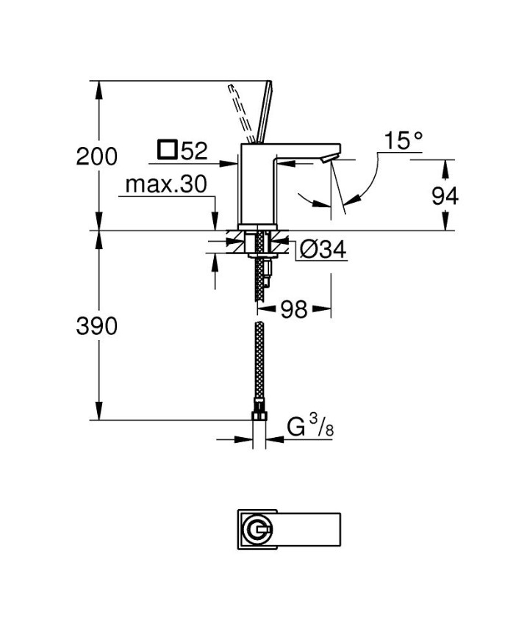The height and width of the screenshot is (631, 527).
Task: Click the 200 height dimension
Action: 97,156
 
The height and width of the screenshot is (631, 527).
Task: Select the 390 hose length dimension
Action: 97,325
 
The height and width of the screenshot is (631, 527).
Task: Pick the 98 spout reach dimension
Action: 294,309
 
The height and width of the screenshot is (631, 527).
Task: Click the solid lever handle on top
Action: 264,110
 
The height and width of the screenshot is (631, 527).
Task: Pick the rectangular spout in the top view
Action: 309,527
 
